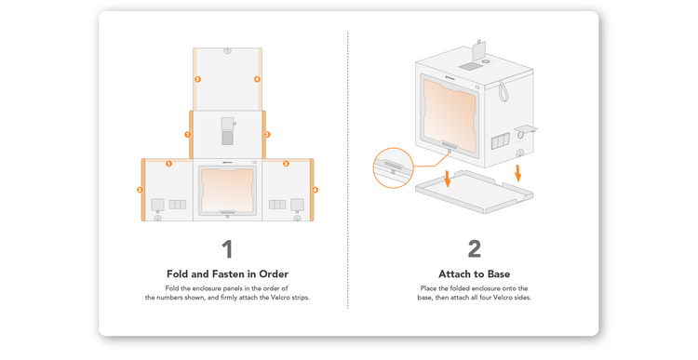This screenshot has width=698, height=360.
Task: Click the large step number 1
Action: pyautogui.click(x=227, y=249)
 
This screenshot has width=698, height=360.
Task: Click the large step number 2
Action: pyautogui.click(x=474, y=249)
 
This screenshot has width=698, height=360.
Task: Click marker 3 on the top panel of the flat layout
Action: pyautogui.click(x=197, y=79)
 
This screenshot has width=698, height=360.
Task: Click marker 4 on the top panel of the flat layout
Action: pyautogui.click(x=257, y=79)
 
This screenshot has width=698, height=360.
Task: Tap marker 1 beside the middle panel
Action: pyautogui.click(x=187, y=134)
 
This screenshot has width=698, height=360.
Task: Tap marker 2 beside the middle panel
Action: pyautogui.click(x=267, y=134)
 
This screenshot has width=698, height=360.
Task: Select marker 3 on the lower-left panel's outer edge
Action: pyautogui.click(x=140, y=190)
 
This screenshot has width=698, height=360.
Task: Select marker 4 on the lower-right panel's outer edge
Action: pyautogui.click(x=315, y=190)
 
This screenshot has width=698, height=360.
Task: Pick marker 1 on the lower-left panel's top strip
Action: pyautogui.click(x=168, y=164)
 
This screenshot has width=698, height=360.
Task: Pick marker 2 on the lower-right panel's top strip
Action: pyautogui.click(x=286, y=164)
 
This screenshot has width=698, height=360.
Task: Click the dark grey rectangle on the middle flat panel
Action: pyautogui.click(x=227, y=138)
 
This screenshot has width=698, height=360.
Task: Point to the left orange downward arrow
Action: pyautogui.click(x=448, y=179)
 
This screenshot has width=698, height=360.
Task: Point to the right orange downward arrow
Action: pyautogui.click(x=517, y=173)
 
